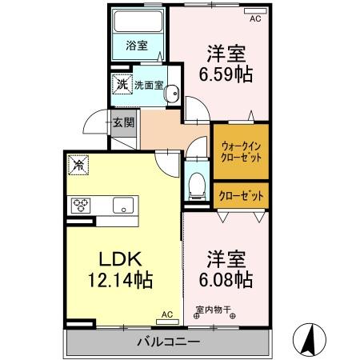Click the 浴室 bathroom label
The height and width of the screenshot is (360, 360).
(x=137, y=46)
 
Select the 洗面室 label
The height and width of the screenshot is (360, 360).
(x=149, y=82)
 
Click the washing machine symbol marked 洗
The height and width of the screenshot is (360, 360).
(x=122, y=82)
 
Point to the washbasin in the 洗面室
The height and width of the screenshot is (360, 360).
(x=171, y=95)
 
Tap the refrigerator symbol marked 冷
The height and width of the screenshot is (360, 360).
(x=79, y=164)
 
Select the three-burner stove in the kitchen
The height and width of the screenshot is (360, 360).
(x=82, y=204)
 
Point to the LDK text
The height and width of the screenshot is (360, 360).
(x=119, y=260)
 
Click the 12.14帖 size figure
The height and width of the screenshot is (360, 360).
(x=119, y=281)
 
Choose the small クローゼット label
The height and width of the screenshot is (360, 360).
(x=239, y=194)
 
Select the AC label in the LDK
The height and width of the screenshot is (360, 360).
(x=167, y=315)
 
